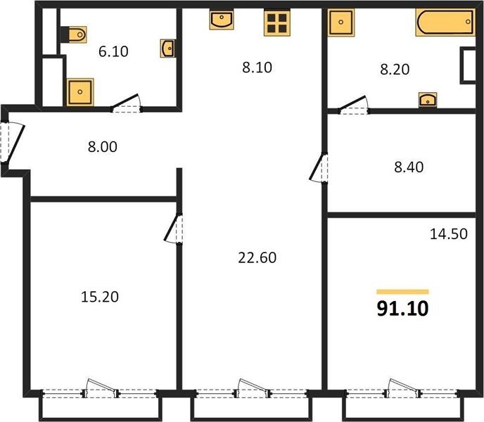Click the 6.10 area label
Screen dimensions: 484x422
113,51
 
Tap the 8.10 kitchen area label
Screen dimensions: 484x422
257,68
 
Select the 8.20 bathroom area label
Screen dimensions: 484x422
395,69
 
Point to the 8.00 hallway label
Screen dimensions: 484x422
103,146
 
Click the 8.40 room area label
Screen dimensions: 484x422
409,167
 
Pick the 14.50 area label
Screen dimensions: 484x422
449,234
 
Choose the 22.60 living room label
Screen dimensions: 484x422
257,257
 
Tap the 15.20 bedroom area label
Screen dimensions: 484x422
100,297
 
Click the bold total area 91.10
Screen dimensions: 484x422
403,308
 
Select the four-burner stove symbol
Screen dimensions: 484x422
277,23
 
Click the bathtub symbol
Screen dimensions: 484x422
445,22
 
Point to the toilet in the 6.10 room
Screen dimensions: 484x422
76,34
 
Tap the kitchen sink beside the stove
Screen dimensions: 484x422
222,20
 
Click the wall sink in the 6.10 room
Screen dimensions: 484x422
167,48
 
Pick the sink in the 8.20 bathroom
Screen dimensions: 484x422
428,100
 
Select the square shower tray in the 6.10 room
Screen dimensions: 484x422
80,92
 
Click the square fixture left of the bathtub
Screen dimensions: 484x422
340,23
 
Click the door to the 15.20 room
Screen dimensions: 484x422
174,229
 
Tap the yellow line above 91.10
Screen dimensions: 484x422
403,292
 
